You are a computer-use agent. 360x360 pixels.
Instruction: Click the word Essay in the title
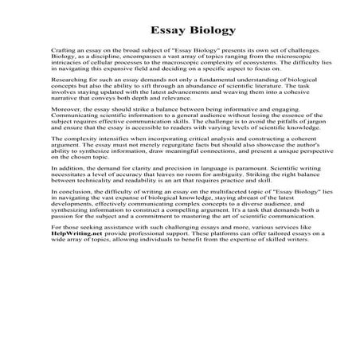pyautogui.click(x=155, y=31)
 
